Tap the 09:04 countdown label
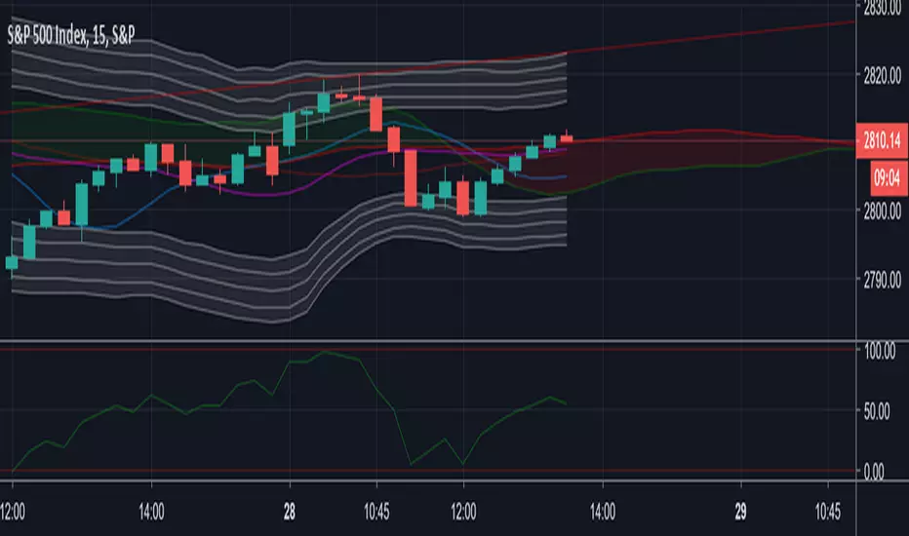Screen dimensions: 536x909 [x=888, y=176]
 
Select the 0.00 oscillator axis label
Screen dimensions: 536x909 [x=886, y=472]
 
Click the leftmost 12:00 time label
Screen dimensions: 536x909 [x=14, y=509]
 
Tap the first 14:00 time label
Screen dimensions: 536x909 [x=151, y=509]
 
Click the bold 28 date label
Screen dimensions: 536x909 [x=290, y=509]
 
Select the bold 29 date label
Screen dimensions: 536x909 [x=740, y=509]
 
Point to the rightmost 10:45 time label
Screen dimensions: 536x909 [x=827, y=509]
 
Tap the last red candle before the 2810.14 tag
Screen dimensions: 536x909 [x=566, y=138]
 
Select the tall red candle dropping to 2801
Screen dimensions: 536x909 [x=410, y=177]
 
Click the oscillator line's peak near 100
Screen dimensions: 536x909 [x=325, y=352]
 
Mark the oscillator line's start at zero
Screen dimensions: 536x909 [x=13, y=471]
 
